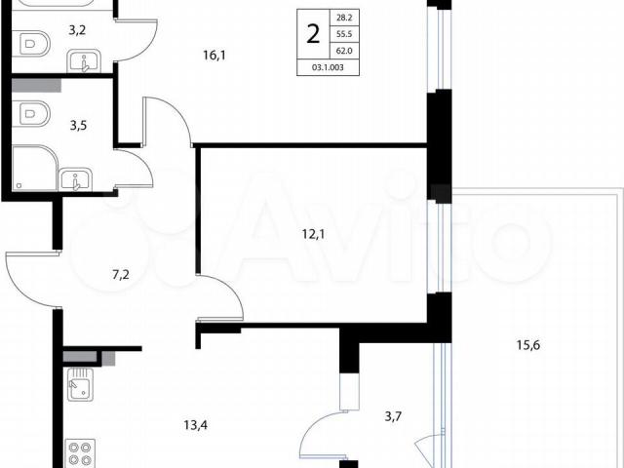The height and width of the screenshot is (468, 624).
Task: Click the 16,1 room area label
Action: coord(214,56)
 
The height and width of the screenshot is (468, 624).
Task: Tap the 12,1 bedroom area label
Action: coord(313,234)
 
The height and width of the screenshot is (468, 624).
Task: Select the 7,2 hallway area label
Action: coord(121,274)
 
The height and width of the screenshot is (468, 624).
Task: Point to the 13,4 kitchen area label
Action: coord(196,425)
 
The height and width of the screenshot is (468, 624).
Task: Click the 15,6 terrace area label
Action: coord(528,344)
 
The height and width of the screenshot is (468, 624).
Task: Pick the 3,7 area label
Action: coord(393,416)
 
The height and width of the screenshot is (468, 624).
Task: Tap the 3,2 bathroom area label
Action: coord(77,30)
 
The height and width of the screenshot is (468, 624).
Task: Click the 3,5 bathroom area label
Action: coord(78,126)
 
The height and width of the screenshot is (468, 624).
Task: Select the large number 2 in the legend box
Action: coord(314,34)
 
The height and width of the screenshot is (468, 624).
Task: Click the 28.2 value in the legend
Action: coord(344,18)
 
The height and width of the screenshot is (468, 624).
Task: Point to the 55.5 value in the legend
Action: coord(344,34)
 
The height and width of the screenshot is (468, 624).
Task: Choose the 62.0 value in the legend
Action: coord(344,51)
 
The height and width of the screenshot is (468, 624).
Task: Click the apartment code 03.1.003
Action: coord(328,67)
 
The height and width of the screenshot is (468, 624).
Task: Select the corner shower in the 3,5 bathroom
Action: coord(35,169)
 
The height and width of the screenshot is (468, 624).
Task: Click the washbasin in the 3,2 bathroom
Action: coord(84,61)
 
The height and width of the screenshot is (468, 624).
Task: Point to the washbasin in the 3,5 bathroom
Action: coord(76,179)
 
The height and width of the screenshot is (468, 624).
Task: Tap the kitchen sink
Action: coord(80,384)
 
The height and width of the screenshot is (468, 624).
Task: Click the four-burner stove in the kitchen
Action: coord(80,453)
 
